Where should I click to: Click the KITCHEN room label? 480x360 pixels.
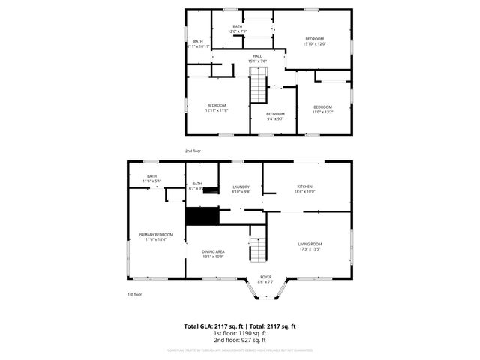tap(304, 187)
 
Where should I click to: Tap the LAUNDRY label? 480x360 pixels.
tap(241, 187)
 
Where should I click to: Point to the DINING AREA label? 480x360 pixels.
tap(214, 251)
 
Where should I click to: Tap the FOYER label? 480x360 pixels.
tap(266, 277)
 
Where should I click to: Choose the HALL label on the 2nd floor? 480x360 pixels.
tap(257, 56)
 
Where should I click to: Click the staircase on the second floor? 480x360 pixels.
tap(259, 85)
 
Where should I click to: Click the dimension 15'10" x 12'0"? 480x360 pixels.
tap(314, 43)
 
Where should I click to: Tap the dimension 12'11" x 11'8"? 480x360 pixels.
tap(216, 110)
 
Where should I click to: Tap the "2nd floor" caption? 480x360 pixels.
tap(193, 151)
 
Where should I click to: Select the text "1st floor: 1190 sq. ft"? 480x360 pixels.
tap(240, 332)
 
